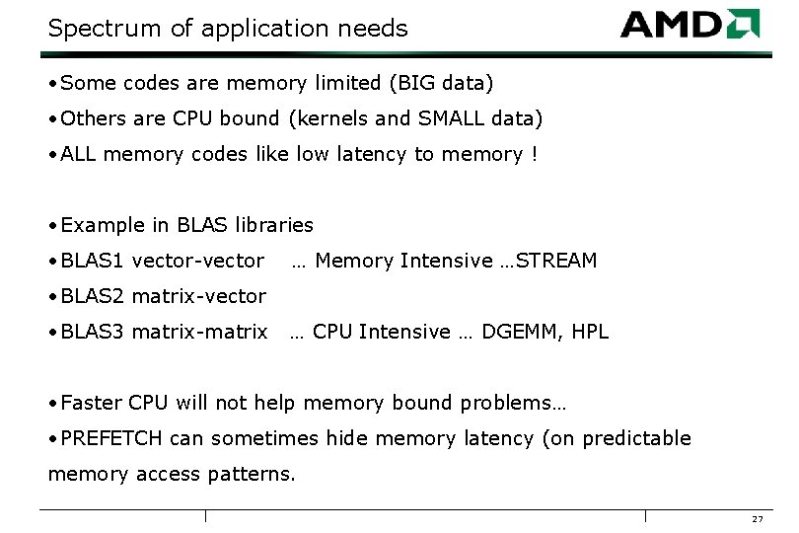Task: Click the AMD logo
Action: coord(690,24)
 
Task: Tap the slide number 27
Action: coord(758,520)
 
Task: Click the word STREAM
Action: coord(556,261)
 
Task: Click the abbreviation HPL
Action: coord(589,332)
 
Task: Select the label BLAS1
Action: coord(93,261)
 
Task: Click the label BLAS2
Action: coord(93,296)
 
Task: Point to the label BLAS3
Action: coord(93,332)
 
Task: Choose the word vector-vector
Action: coord(197,261)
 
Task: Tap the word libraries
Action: coord(274,225)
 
